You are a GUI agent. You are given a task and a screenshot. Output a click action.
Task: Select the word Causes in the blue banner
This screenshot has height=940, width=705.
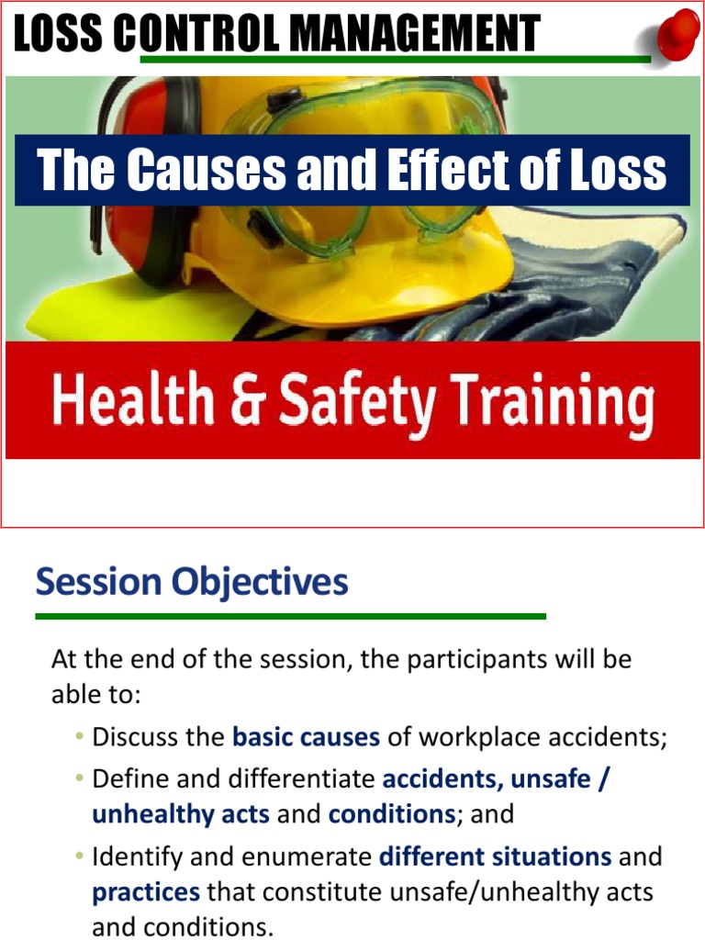pos(194,170)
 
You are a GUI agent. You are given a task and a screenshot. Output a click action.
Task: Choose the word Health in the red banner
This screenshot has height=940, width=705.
pos(129,401)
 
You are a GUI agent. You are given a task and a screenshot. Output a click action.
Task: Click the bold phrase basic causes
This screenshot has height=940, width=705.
pos(306,737)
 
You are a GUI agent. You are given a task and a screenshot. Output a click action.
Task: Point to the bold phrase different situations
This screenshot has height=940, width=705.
pos(495,857)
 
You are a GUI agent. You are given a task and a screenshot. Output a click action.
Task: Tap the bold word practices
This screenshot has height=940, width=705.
pos(146,891)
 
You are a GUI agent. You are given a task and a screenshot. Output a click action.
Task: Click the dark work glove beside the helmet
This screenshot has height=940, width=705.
pos(551,294)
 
